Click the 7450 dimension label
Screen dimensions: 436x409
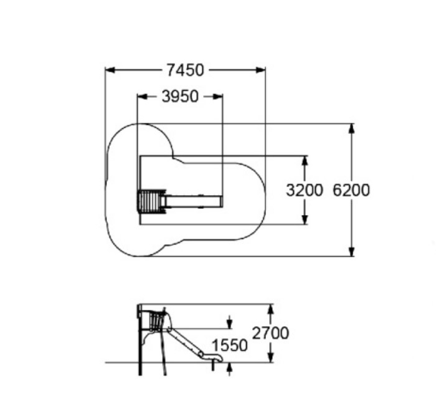click(185, 70)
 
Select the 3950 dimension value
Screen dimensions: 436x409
click(180, 97)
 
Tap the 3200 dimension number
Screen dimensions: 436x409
click(305, 190)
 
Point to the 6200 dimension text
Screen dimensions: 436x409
click(351, 190)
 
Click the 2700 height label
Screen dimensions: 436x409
click(270, 333)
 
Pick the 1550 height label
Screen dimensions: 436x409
click(229, 345)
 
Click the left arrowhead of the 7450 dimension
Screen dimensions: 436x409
click(110, 70)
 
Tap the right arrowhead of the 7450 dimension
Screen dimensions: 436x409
click(260, 70)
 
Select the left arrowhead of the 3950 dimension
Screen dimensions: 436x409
click(142, 97)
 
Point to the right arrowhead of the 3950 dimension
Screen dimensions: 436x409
click(218, 97)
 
